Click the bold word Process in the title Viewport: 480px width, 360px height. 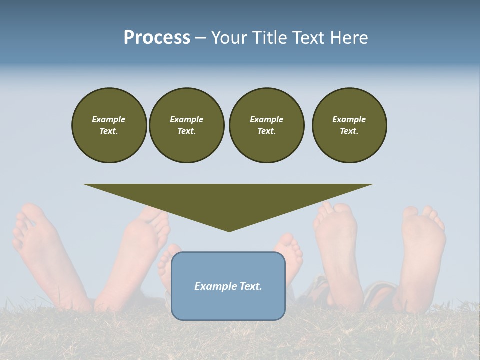pyautogui.click(x=157, y=38)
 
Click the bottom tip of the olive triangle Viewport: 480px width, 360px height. pyautogui.click(x=229, y=230)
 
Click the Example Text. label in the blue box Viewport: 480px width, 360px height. pyautogui.click(x=228, y=286)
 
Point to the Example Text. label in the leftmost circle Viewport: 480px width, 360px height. pyautogui.click(x=109, y=125)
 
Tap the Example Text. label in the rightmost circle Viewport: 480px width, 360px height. pyautogui.click(x=349, y=125)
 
